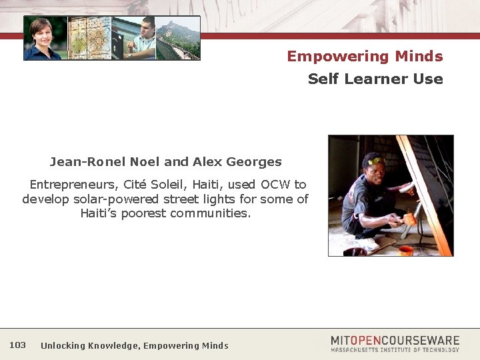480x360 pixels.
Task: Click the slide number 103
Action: (18, 345)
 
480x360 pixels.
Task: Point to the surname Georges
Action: (254, 161)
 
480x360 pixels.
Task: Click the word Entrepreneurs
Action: (74, 184)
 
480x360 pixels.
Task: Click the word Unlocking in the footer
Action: (63, 345)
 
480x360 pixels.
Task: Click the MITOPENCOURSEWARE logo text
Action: (395, 340)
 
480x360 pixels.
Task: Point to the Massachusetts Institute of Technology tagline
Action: (395, 350)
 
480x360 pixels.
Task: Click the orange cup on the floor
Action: (405, 250)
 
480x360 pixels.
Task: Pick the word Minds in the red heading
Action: (418, 56)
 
